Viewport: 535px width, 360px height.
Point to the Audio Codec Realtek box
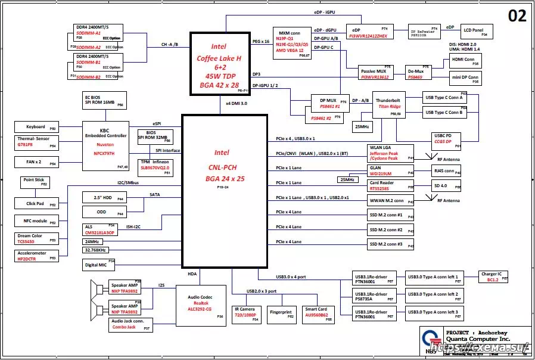201,305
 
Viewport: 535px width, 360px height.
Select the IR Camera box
246,314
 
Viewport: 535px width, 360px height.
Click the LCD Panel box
474,32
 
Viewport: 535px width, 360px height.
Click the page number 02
517,16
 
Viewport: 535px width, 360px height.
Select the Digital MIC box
98,265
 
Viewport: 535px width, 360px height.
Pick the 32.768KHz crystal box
98,250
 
